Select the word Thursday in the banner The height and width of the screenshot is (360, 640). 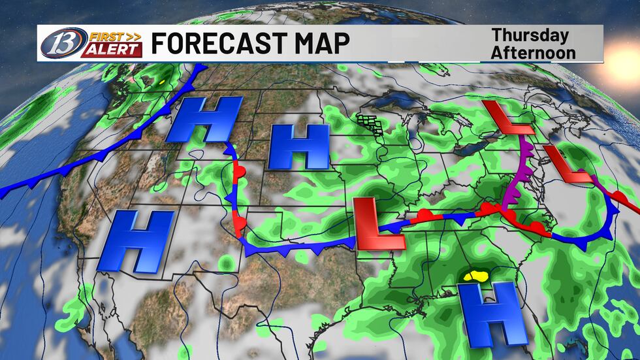point(530,35)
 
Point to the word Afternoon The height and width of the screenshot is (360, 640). point(534,52)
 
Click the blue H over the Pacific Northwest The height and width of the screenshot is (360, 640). point(204,120)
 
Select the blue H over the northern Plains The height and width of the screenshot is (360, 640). point(299,146)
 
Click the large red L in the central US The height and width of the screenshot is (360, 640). point(379,224)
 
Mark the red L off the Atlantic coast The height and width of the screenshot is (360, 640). point(568,164)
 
